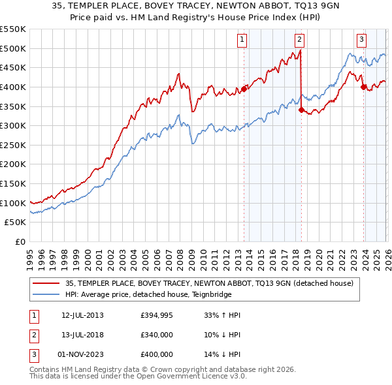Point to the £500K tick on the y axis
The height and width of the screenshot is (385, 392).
12,48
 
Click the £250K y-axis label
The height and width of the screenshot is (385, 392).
12,145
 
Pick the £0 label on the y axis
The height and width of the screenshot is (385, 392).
20,241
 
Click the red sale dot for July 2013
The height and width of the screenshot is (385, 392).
244,89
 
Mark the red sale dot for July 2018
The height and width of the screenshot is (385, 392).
301,110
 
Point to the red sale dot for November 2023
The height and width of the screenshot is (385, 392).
363,87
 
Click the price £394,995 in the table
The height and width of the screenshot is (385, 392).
157,315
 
